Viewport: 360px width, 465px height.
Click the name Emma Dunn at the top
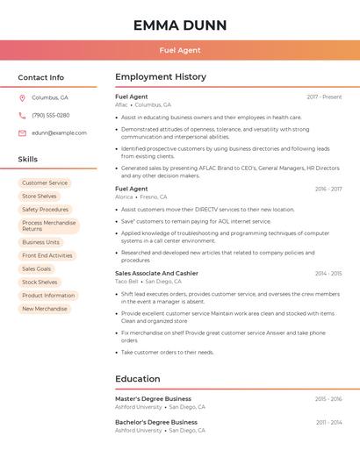[180, 25]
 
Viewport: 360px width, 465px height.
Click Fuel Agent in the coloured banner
[180, 51]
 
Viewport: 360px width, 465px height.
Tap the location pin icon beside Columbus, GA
[22, 98]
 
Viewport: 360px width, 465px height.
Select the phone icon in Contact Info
[22, 116]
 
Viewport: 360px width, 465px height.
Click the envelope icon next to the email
[22, 133]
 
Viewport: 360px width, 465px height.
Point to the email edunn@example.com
[59, 133]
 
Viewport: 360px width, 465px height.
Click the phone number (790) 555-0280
[50, 116]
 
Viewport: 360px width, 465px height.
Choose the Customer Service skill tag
[45, 183]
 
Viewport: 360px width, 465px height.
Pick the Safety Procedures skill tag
[45, 210]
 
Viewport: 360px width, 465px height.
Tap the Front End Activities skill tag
[47, 256]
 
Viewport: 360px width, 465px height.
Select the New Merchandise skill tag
[45, 309]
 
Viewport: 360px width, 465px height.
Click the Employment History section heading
[161, 77]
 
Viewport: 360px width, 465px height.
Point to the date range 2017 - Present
[324, 97]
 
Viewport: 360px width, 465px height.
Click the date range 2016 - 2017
[328, 189]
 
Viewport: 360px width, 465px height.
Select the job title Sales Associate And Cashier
[156, 273]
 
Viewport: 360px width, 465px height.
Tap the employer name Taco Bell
[126, 282]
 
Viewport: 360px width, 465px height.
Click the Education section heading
[137, 379]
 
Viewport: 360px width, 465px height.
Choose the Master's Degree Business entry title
[153, 398]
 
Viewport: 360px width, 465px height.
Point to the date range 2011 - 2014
[328, 422]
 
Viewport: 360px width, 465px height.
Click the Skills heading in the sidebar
[28, 160]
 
